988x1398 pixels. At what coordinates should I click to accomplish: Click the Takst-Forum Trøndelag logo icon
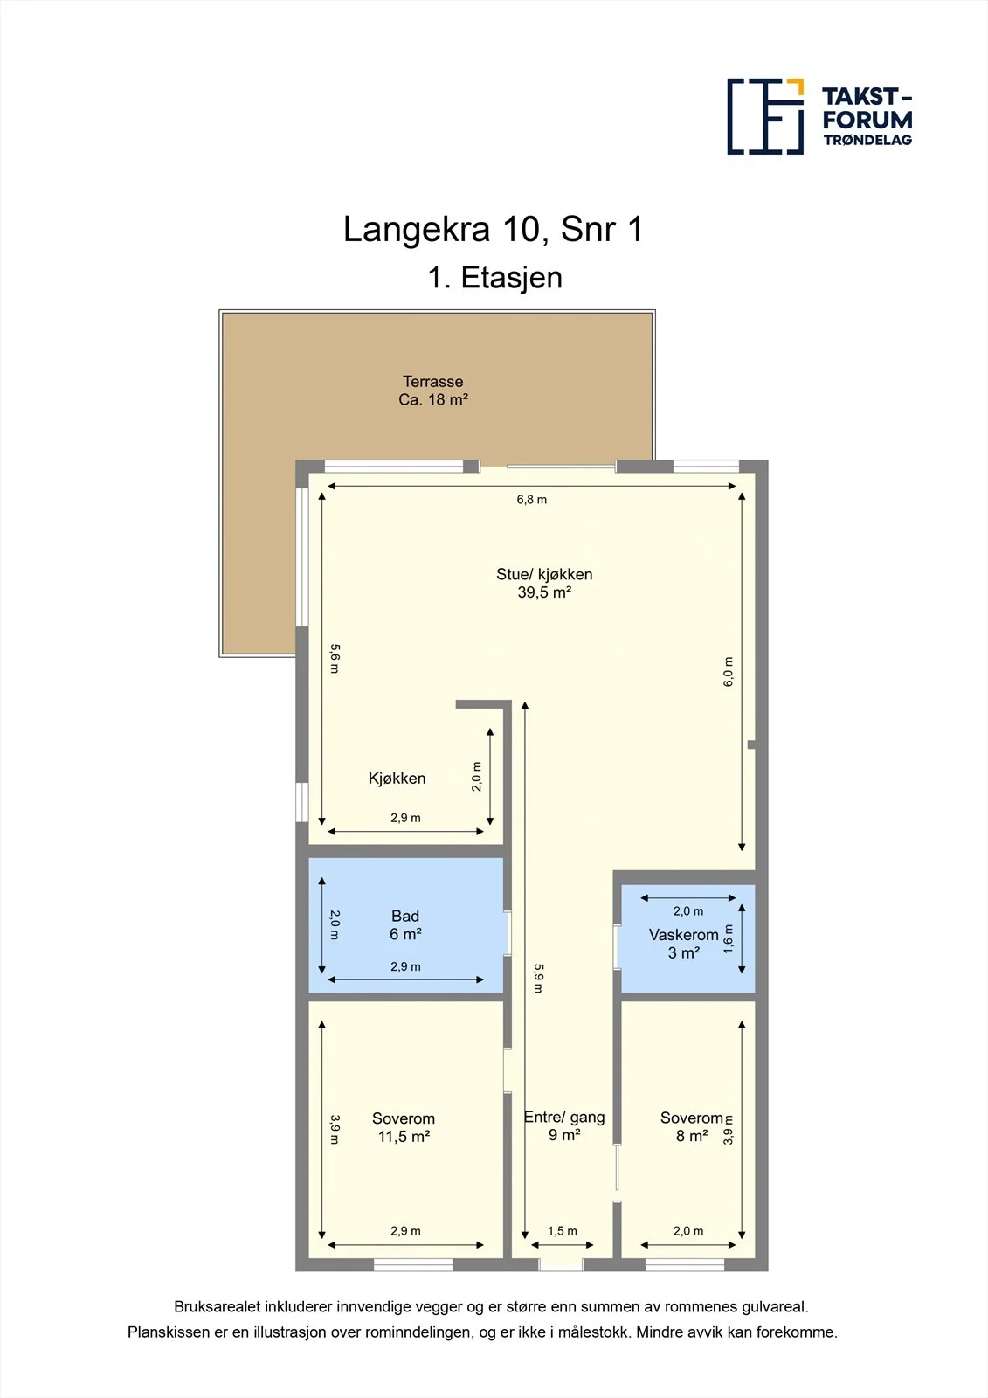tap(765, 116)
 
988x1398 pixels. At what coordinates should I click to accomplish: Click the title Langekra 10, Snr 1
tap(493, 229)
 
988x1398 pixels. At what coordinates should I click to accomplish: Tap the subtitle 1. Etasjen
tap(494, 278)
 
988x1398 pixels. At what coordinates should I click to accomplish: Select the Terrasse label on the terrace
tap(433, 381)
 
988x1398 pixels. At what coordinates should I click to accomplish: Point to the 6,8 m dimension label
tap(532, 499)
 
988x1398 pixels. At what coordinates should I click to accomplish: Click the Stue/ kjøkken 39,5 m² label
tap(544, 583)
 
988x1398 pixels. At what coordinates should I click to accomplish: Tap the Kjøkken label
tap(397, 779)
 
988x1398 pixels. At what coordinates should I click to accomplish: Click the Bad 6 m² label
tap(405, 925)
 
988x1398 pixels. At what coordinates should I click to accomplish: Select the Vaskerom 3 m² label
tap(683, 944)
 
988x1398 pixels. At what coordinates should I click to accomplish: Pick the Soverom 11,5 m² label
tap(404, 1127)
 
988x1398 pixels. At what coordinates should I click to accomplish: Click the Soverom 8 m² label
tap(692, 1126)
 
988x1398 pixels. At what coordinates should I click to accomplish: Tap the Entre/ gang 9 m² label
tap(564, 1126)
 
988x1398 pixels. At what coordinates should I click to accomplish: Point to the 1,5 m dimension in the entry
tap(563, 1231)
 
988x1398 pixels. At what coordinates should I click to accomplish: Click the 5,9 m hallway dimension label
tap(539, 979)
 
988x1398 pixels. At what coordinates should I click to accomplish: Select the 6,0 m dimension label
tap(729, 672)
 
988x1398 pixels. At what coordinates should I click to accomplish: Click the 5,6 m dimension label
tap(335, 659)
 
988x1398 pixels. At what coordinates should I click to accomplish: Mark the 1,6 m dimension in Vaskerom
tap(729, 938)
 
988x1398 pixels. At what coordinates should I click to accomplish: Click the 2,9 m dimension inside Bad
tap(405, 966)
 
